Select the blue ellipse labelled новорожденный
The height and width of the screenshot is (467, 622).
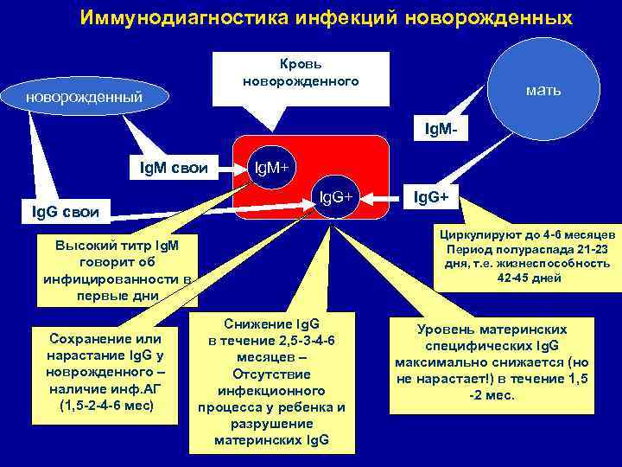tap(83, 96)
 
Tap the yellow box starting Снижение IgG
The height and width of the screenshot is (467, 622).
tap(270, 382)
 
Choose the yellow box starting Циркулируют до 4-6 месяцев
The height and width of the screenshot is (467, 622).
tap(527, 257)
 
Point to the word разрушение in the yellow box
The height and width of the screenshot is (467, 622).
tap(270, 424)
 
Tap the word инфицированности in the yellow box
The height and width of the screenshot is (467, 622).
tap(110, 278)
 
